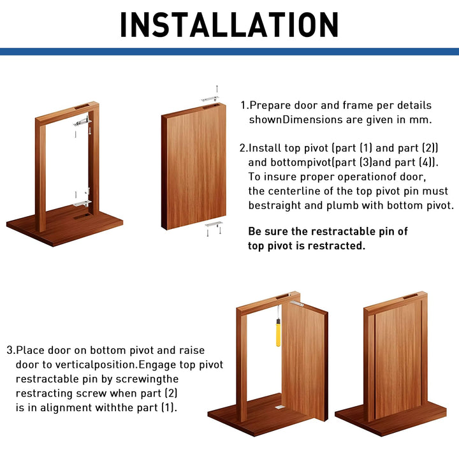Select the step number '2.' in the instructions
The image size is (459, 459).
tap(244, 148)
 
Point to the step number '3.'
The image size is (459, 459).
tap(11, 350)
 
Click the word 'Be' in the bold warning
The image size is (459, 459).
tap(254, 231)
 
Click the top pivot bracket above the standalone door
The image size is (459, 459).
tap(209, 99)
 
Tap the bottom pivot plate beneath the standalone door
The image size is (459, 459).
tap(214, 224)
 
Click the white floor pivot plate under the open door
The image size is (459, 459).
tap(278, 407)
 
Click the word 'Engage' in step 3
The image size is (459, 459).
tap(156, 365)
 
